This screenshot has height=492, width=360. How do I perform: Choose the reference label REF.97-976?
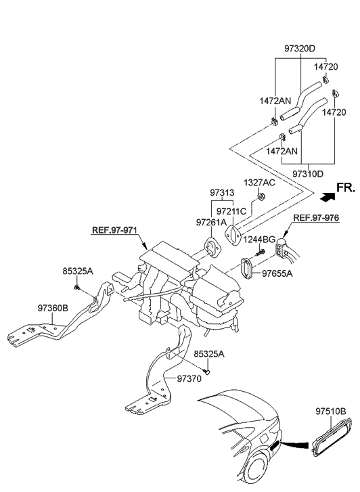tap(315, 218)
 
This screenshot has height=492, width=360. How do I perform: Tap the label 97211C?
tap(233, 211)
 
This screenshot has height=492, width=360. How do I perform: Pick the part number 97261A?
tap(211, 222)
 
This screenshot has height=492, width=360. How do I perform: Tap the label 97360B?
tap(53, 307)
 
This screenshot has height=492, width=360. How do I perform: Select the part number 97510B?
tap(330, 411)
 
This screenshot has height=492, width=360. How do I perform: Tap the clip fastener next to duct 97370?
tap(209, 370)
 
